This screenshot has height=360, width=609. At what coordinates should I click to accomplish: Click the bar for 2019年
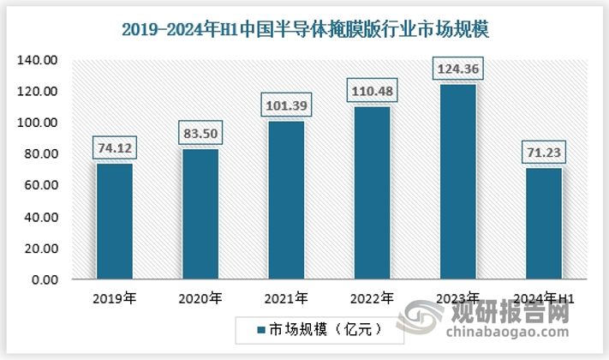click(x=114, y=221)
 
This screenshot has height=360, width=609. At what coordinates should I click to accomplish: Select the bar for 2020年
click(x=200, y=214)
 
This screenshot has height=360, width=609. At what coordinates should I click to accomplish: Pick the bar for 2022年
click(x=372, y=193)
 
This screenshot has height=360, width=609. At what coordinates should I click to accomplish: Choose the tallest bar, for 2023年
click(x=457, y=182)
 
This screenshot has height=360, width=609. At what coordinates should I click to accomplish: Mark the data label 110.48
click(x=372, y=89)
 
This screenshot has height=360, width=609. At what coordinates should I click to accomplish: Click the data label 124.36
click(x=457, y=68)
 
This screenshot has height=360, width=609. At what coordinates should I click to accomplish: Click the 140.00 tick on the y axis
click(x=39, y=60)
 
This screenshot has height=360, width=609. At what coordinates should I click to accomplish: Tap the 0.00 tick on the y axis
click(x=45, y=279)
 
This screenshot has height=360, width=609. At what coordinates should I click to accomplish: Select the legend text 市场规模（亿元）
click(x=316, y=329)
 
